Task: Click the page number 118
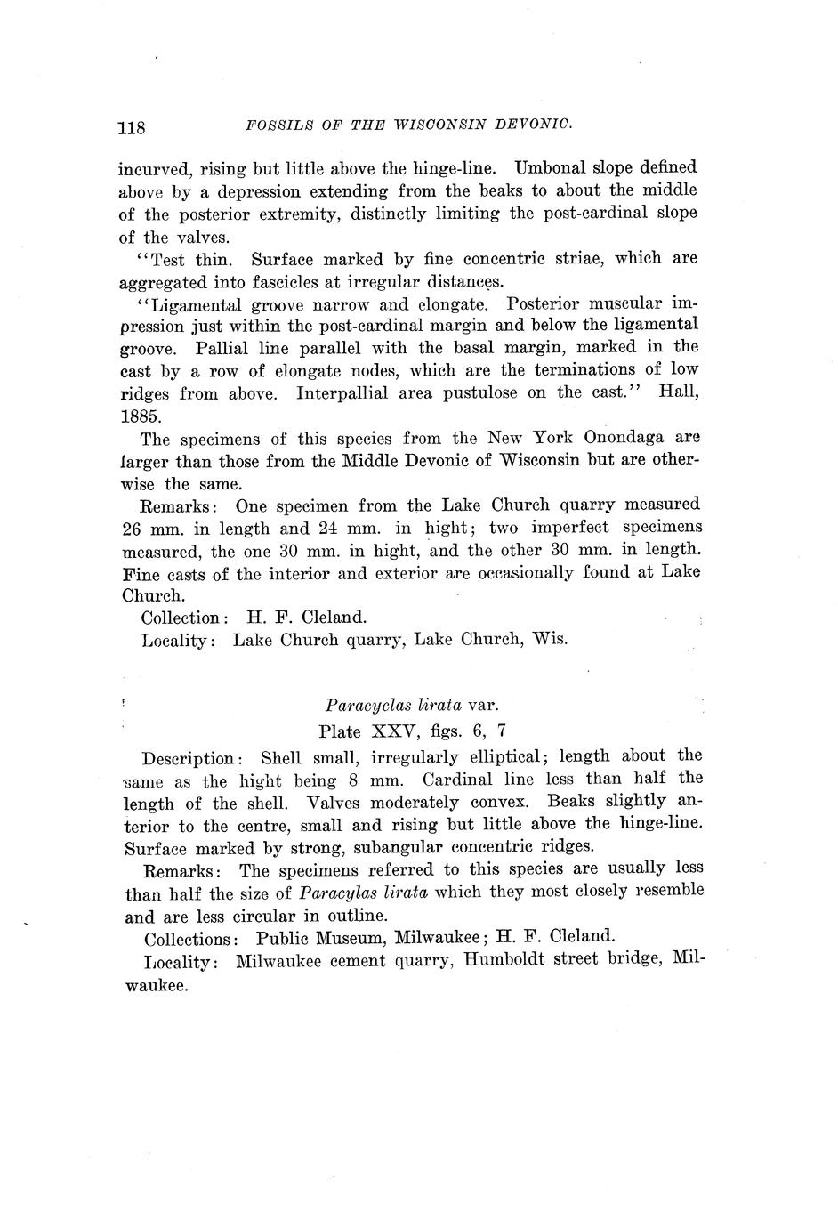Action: tap(131, 126)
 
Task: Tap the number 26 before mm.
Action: tap(132, 529)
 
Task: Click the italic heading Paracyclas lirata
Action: tap(392, 706)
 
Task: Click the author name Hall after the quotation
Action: tap(677, 392)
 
